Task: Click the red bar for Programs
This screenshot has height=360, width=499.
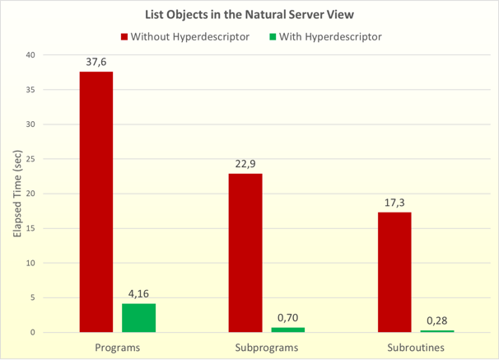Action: pos(96,202)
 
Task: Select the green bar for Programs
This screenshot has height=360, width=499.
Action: pos(139,318)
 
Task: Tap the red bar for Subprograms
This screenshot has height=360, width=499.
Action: pos(245,253)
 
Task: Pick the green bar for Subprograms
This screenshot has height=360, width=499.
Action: pos(288,330)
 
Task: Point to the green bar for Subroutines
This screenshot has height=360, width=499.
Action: pos(437,331)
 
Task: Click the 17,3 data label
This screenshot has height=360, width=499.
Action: pos(394,201)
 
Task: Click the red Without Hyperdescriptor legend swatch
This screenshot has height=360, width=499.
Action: pos(124,36)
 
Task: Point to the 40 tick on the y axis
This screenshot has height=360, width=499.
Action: pos(30,55)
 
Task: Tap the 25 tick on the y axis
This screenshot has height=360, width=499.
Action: pos(30,159)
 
